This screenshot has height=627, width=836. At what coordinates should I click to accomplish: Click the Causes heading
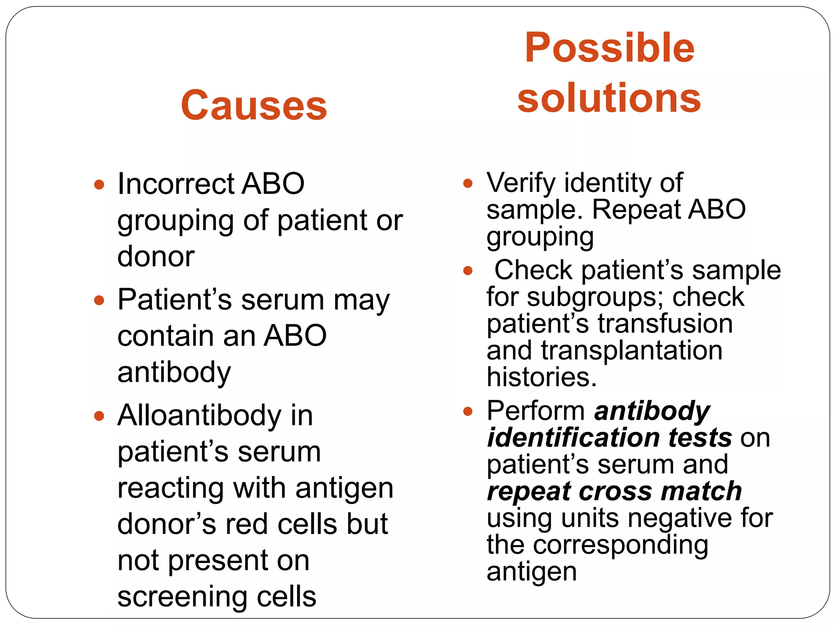coord(254,105)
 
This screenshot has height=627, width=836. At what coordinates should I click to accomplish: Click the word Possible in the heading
coord(609,48)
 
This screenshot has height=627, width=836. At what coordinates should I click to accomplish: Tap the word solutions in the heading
coord(609,98)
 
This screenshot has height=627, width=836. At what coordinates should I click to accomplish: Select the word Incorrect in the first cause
coord(176,184)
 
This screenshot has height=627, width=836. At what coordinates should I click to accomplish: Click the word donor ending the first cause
coord(156,256)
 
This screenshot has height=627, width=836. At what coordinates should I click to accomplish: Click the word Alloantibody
coord(199,416)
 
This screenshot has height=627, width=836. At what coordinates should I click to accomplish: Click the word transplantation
coord(631,350)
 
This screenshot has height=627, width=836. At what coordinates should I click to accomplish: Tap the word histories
coord(541,377)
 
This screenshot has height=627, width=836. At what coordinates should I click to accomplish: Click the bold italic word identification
coord(574,438)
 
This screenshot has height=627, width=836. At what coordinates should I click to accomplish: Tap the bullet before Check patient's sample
coord(468,271)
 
